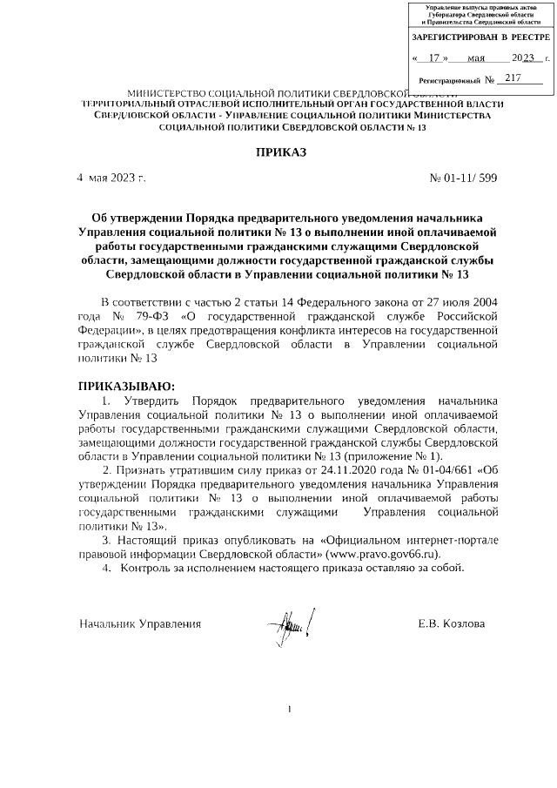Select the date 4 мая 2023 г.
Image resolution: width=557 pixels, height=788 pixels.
coord(111,178)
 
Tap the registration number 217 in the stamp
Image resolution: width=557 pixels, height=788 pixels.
coord(513,78)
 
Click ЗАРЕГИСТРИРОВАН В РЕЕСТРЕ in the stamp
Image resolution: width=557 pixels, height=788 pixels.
coord(480,37)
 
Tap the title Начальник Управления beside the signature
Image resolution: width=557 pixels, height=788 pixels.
coord(140,623)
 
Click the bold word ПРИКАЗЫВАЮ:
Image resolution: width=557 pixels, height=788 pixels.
coord(127,386)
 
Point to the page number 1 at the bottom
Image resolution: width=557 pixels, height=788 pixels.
coord(288,710)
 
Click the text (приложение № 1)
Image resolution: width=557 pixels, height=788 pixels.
coord(394,456)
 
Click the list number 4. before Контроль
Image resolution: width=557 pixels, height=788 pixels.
coord(106,569)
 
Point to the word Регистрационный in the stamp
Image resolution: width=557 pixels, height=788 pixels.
coord(450,80)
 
